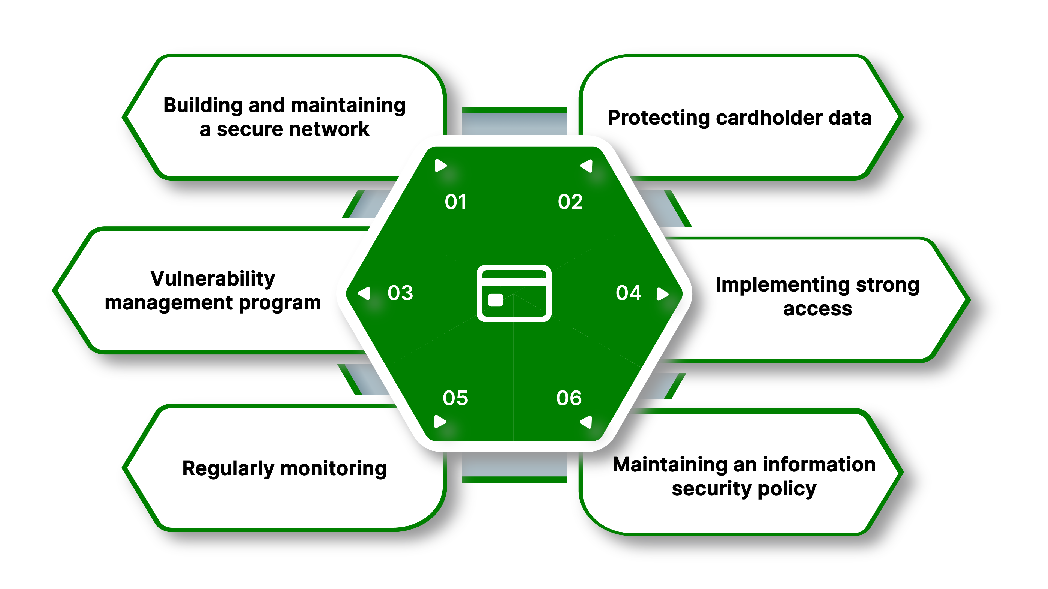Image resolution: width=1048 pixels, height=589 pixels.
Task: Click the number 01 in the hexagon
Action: [x=456, y=202]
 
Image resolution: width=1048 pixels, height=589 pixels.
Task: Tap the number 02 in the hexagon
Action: [x=570, y=202]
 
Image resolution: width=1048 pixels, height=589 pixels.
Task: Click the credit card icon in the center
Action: [x=514, y=293]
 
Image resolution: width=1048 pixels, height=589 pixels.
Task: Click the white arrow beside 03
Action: [x=365, y=293]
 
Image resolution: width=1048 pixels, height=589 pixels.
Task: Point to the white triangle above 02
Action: [x=587, y=166]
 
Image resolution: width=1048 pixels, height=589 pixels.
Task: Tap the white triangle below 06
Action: [x=586, y=422]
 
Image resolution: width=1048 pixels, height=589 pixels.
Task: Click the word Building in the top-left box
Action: [x=203, y=105]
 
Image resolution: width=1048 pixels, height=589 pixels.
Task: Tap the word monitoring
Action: [x=334, y=469]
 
